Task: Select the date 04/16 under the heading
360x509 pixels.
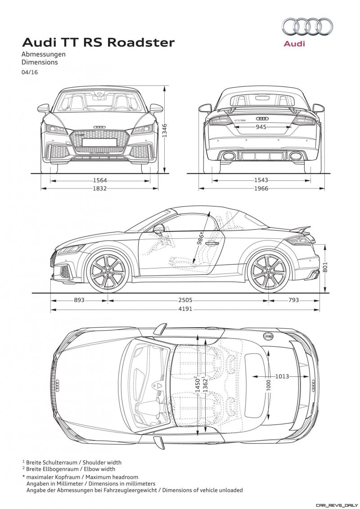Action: tap(30, 72)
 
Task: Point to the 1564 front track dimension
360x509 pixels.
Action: tap(100, 180)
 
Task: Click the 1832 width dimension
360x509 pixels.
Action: tap(100, 188)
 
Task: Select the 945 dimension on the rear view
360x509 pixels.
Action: tap(261, 127)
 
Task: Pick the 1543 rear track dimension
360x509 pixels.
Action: tap(261, 180)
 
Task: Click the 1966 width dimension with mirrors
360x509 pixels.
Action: tap(261, 188)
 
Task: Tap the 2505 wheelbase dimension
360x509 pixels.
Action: tap(185, 300)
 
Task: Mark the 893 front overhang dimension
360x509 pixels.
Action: tap(79, 300)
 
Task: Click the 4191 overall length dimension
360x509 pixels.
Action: tap(185, 309)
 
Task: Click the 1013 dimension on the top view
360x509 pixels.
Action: tap(282, 376)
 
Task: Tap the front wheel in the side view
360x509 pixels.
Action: tap(108, 272)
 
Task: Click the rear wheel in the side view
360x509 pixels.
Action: tap(268, 272)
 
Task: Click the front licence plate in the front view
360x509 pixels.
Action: tap(100, 142)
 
